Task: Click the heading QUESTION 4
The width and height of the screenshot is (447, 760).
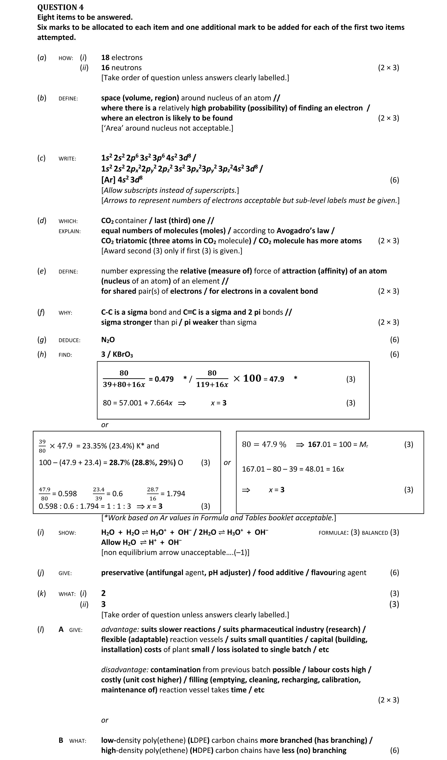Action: pos(60,7)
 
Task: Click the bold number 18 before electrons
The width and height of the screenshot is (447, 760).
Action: pos(105,58)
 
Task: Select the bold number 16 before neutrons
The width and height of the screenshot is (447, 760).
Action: pos(105,68)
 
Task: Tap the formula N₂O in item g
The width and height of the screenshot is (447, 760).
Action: pos(108,340)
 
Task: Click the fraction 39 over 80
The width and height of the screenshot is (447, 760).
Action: pos(42,446)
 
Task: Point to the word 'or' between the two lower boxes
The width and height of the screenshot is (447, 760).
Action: pos(227,463)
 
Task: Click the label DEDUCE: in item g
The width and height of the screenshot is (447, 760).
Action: pos(69,340)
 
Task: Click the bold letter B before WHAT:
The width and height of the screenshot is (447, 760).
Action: pos(61,740)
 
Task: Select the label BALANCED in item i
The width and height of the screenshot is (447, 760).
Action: pos(375,533)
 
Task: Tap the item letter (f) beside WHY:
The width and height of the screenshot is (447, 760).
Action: pos(41,312)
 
